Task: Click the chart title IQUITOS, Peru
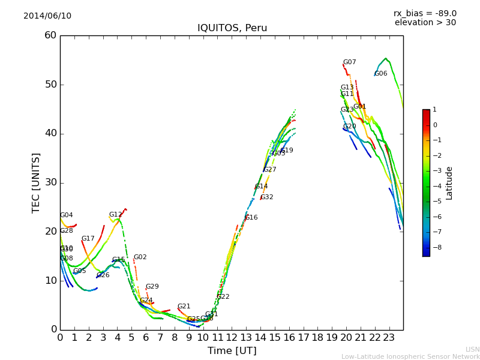click(x=232, y=28)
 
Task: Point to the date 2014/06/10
click(x=47, y=16)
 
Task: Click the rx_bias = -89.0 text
click(x=425, y=13)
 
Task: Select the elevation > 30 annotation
click(x=425, y=23)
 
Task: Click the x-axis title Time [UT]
click(x=232, y=351)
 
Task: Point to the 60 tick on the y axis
click(x=50, y=35)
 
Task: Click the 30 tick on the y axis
click(x=50, y=182)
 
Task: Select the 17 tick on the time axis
click(x=303, y=337)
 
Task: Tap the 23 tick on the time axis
click(x=389, y=337)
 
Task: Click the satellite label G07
click(x=349, y=62)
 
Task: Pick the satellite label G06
click(x=380, y=74)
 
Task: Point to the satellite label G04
click(x=66, y=215)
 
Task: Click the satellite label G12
click(x=115, y=215)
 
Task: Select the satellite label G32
click(x=266, y=197)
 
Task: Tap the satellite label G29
click(x=152, y=287)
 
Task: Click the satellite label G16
click(x=251, y=218)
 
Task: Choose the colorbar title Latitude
click(x=449, y=183)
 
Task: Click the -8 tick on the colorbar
click(x=435, y=247)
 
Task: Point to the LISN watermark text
click(x=473, y=349)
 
